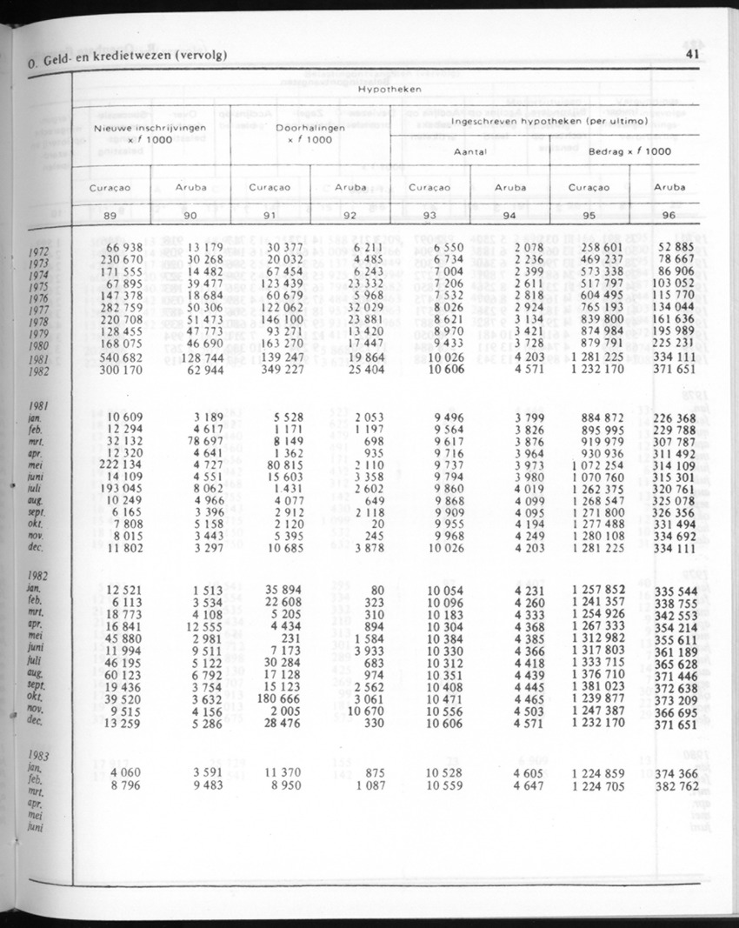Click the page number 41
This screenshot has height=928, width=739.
tap(693, 54)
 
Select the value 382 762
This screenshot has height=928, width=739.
tap(678, 786)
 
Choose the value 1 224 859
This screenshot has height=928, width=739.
tap(599, 773)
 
